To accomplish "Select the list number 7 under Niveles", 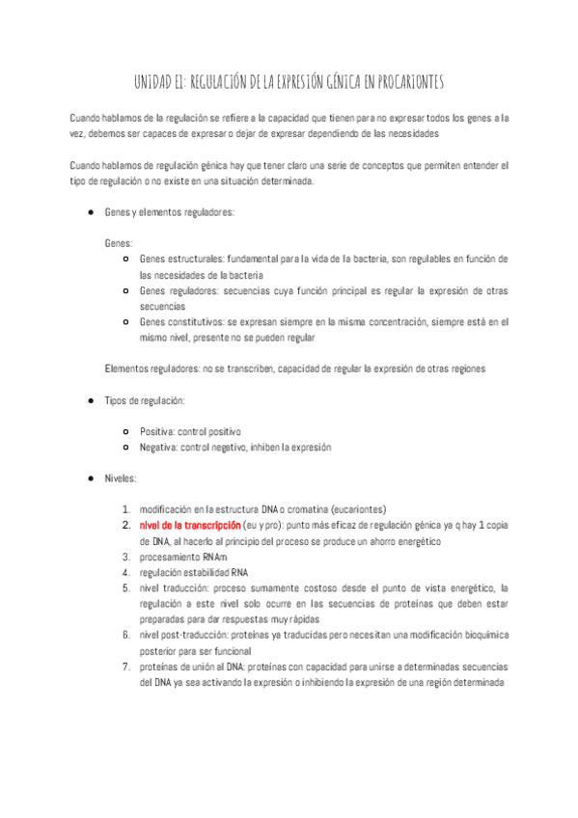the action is [x=125, y=667].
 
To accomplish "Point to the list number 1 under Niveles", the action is [x=125, y=509].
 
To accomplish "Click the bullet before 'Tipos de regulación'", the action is [x=90, y=399].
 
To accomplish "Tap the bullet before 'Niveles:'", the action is [x=90, y=478].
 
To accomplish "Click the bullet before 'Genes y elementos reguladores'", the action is [x=90, y=211].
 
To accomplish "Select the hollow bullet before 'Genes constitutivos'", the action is [x=126, y=321].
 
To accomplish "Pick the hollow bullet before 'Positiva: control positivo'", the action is [x=126, y=431].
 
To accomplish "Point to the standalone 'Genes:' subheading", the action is [x=119, y=243].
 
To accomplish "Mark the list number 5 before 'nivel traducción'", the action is [x=125, y=588].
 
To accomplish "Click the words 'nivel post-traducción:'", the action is [x=188, y=636].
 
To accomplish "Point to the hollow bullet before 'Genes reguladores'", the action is [x=126, y=290].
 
